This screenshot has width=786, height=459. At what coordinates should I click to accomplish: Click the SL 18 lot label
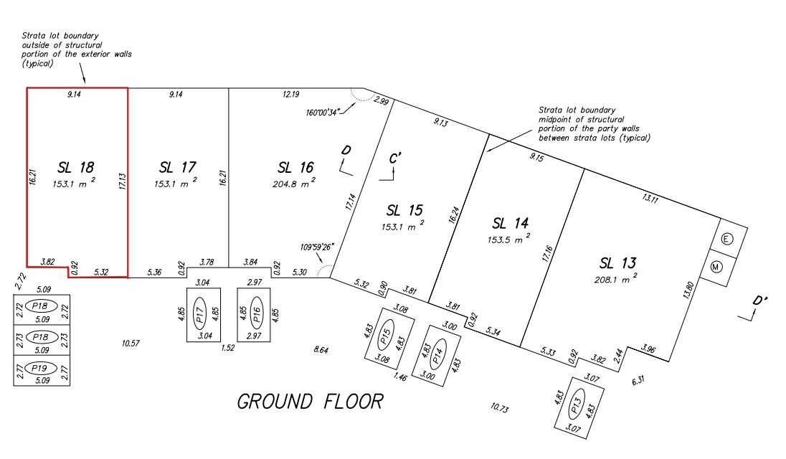tap(75, 168)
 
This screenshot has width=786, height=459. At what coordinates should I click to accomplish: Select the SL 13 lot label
tap(617, 262)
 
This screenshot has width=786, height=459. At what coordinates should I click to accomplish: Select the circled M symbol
tap(727, 267)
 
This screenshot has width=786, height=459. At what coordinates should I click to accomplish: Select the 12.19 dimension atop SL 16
tap(290, 94)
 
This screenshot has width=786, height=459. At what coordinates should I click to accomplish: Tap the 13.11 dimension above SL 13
tap(650, 199)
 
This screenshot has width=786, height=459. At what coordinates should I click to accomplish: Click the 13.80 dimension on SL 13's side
tap(689, 289)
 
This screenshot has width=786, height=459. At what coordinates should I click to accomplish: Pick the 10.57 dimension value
tap(130, 344)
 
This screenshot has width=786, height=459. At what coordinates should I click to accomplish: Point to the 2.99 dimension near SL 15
tap(382, 103)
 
